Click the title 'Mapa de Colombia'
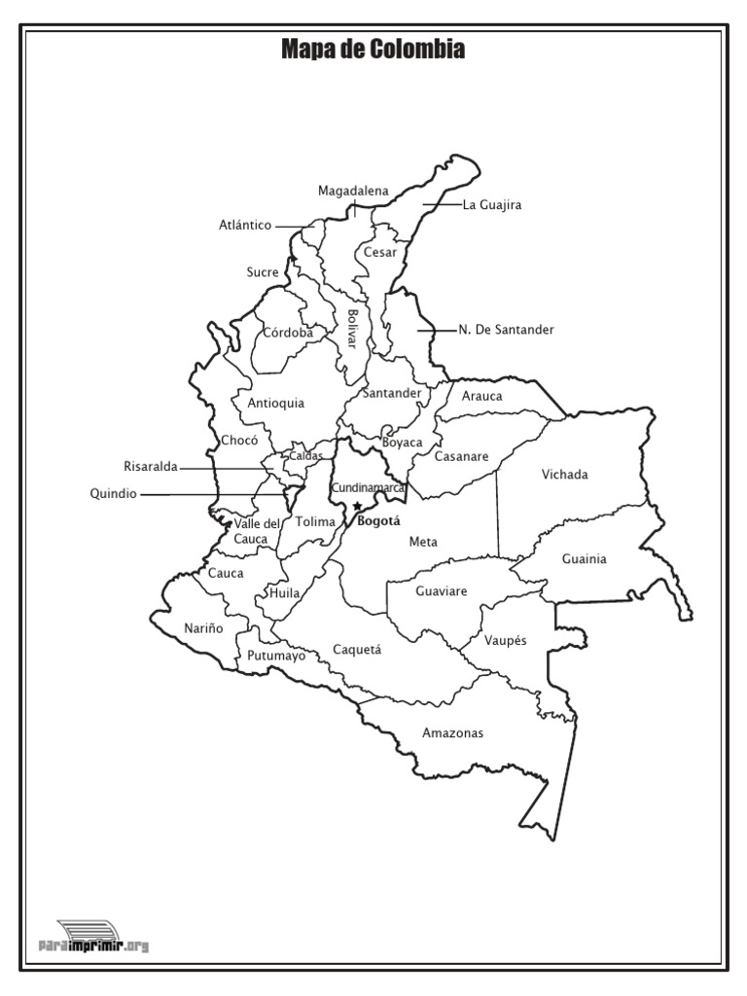coord(373,49)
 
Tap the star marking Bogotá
coord(358,506)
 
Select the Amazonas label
coord(452,733)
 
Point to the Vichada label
coord(565,475)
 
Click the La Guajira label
coord(492,205)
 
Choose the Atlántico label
coord(245,226)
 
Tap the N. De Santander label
coord(506,330)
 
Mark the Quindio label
coord(113,494)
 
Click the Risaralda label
coord(151,467)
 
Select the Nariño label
coord(203,628)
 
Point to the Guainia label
coord(585,559)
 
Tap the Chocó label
coord(239,441)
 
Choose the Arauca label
coord(482,396)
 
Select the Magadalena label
coord(353,191)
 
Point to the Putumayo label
coord(276,656)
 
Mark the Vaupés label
coord(506,641)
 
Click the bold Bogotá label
coord(379,521)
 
